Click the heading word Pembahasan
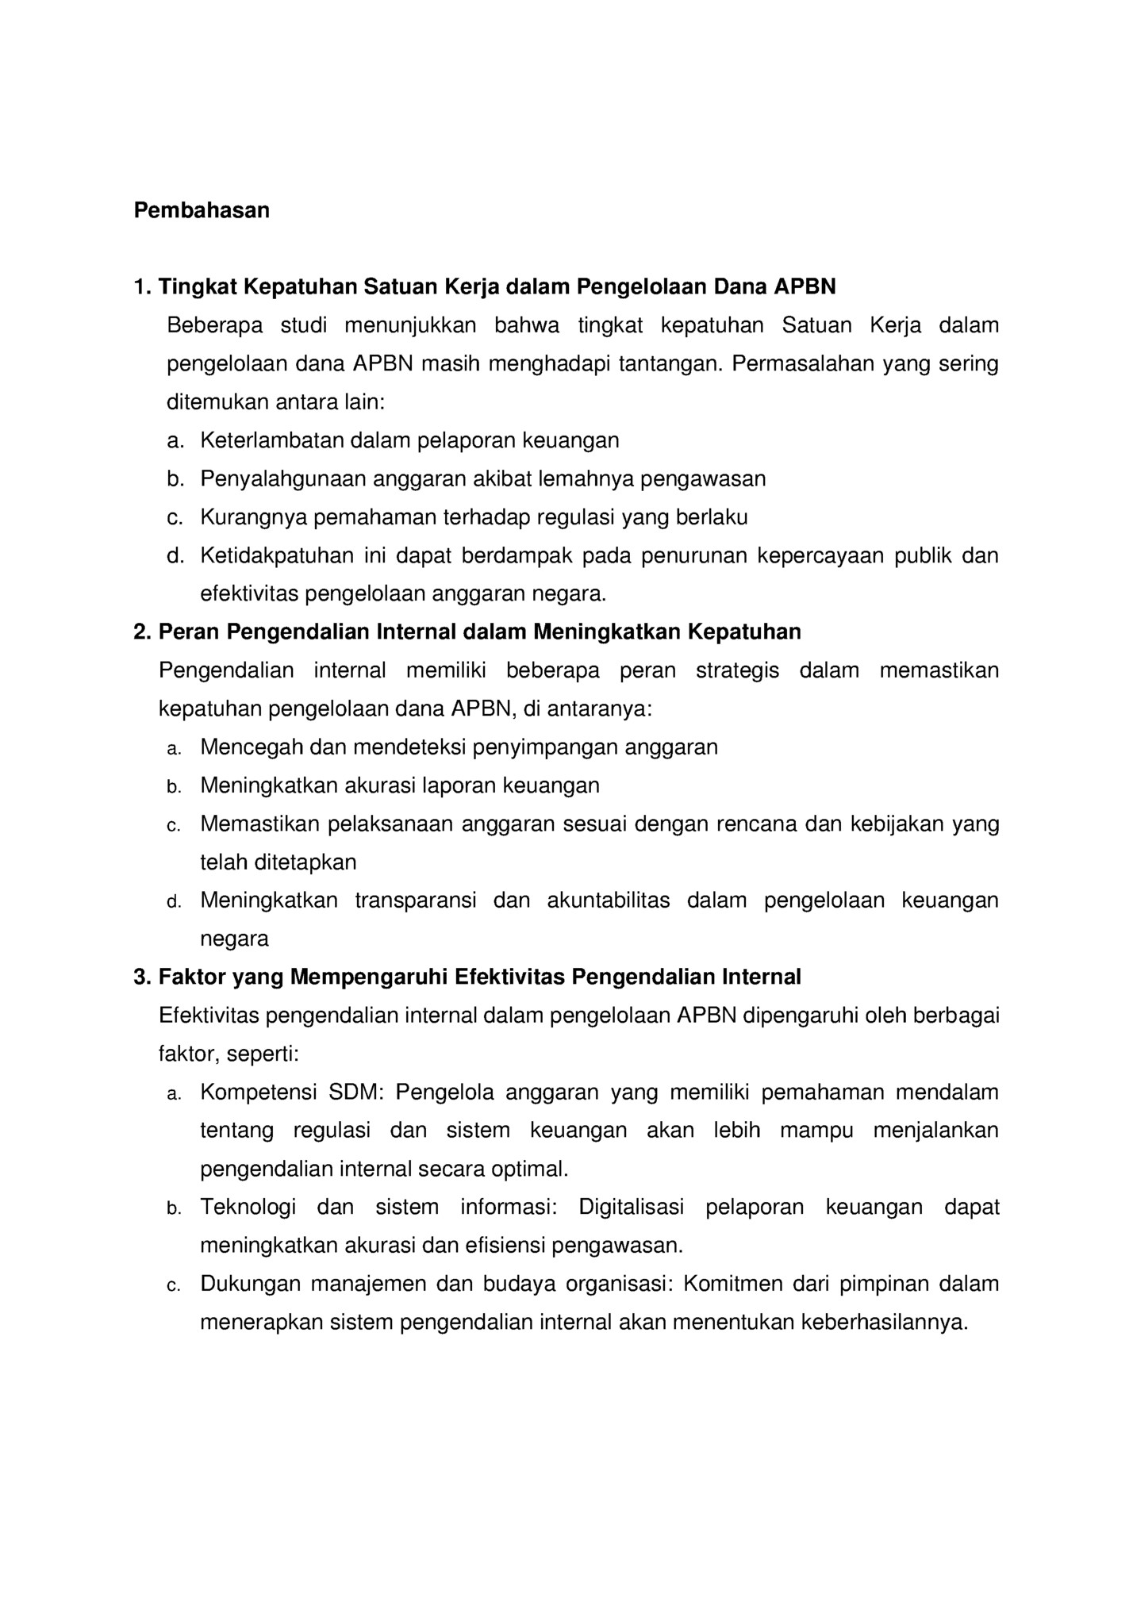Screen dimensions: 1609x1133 pyautogui.click(x=202, y=210)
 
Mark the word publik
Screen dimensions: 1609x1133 pyautogui.click(x=923, y=555)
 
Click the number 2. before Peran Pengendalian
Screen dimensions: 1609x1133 pyautogui.click(x=142, y=632)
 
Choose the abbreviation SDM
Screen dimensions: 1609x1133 pyautogui.click(x=355, y=1093)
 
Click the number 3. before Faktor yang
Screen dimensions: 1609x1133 pyautogui.click(x=142, y=977)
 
